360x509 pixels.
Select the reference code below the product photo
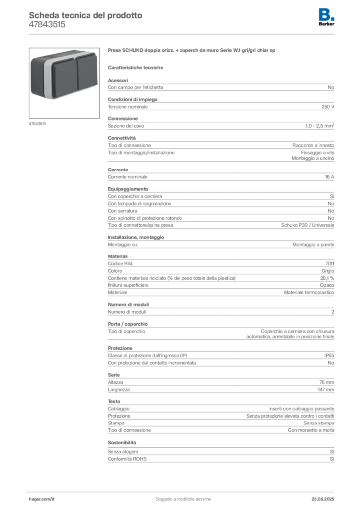(x=37, y=123)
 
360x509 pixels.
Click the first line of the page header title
(x=86, y=15)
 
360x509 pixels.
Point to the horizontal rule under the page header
(x=182, y=34)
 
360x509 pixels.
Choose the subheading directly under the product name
(x=137, y=67)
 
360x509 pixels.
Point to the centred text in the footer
(x=184, y=497)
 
